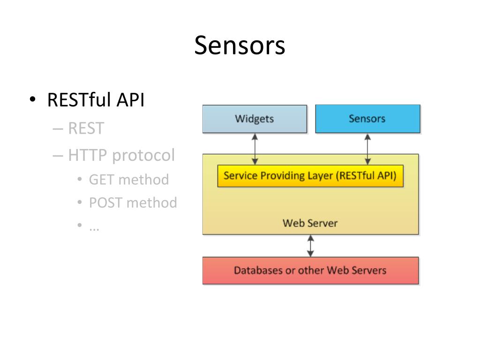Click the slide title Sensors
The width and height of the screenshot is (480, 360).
click(x=240, y=45)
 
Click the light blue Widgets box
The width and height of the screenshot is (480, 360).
click(x=255, y=119)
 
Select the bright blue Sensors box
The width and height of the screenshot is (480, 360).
click(x=367, y=119)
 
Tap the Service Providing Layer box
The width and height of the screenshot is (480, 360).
click(x=310, y=176)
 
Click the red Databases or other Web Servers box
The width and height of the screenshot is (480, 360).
click(x=310, y=270)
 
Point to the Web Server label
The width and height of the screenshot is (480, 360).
click(x=310, y=223)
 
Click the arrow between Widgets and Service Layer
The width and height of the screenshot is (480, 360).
click(x=255, y=149)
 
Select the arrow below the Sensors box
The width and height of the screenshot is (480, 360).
click(x=367, y=149)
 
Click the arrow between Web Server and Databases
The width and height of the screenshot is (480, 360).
click(x=310, y=246)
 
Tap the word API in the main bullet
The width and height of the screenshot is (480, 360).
click(x=131, y=100)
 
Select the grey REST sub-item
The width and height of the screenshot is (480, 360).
click(x=86, y=128)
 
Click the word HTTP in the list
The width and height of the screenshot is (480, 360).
click(x=87, y=155)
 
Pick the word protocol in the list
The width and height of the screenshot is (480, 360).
click(x=143, y=156)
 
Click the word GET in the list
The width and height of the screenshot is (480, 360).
click(x=101, y=180)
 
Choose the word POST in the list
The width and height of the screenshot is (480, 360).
click(x=105, y=202)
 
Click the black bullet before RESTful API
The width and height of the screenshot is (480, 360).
click(x=33, y=99)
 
